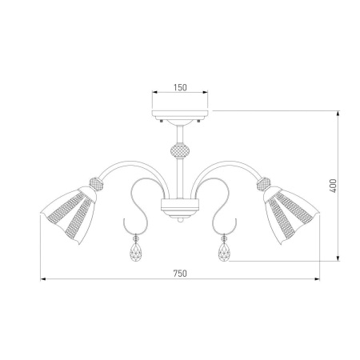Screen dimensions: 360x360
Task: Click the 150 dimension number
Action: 179,88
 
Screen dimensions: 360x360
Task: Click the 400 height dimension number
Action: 332,185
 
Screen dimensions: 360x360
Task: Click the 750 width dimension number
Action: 179,273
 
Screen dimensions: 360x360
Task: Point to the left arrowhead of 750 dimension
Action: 43,279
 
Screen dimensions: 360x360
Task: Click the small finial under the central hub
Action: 179,221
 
